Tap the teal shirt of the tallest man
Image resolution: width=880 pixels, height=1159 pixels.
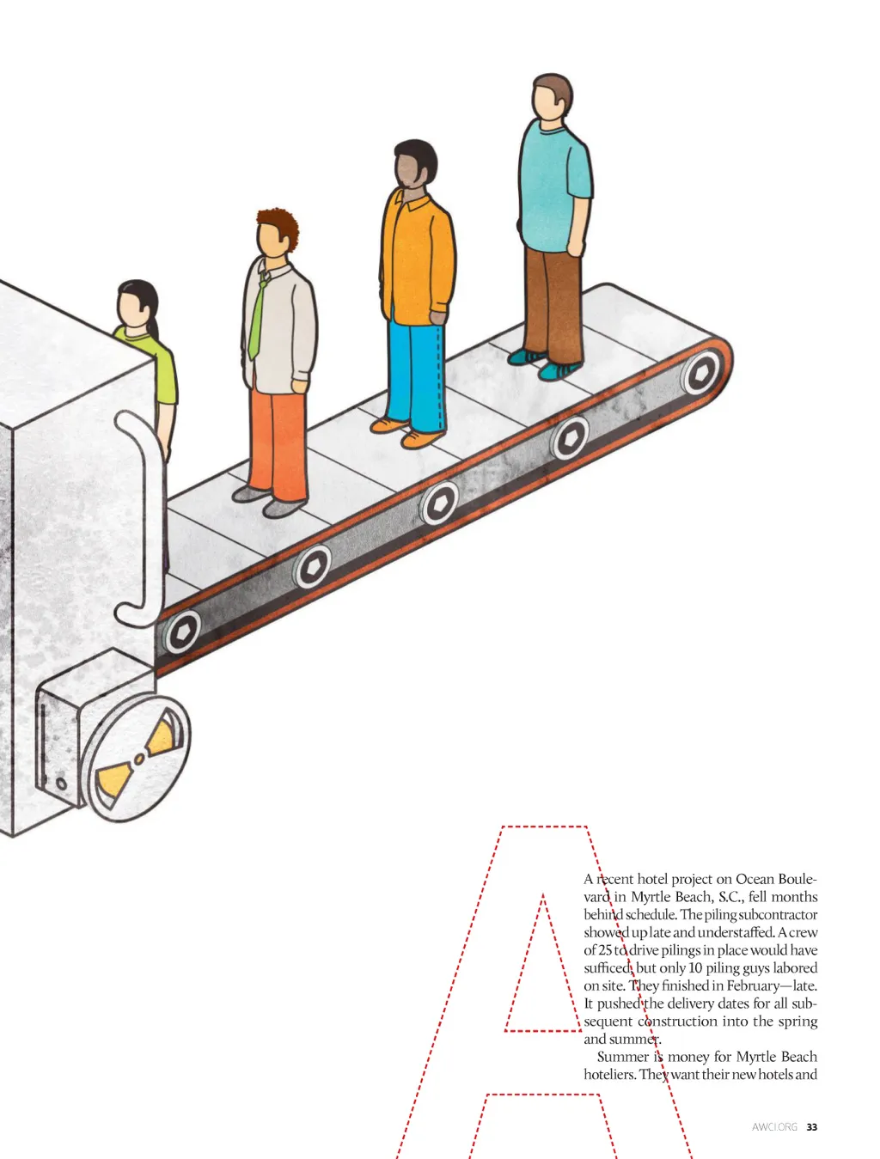click(x=554, y=185)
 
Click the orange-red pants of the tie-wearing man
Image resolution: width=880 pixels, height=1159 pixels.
click(x=277, y=443)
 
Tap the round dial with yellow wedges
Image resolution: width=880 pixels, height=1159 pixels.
click(x=138, y=759)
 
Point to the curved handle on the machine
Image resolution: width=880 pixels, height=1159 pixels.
click(x=136, y=517)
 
